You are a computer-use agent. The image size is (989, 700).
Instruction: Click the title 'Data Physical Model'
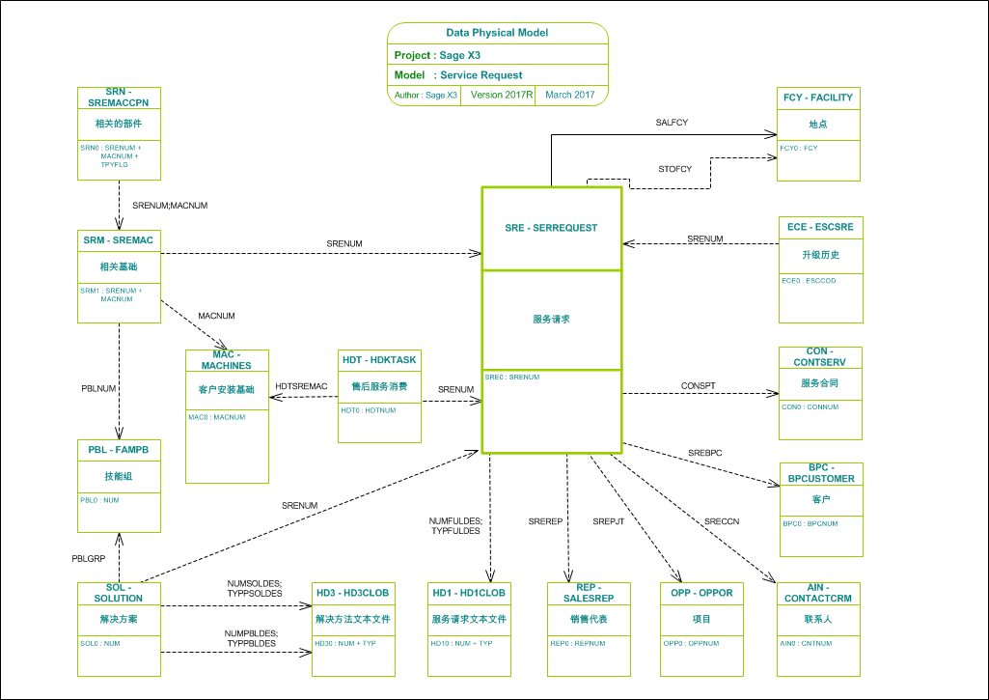coord(498,33)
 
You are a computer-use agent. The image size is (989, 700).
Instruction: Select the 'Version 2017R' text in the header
coord(502,95)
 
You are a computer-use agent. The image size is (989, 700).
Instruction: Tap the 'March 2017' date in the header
coord(570,95)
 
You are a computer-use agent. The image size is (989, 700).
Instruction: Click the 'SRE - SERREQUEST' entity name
coord(551,228)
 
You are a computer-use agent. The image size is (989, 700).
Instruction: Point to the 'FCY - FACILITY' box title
coord(818,98)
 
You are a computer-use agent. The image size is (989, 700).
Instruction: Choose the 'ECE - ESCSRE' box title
coord(820,227)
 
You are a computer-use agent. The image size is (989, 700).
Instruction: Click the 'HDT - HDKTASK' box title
coord(379,359)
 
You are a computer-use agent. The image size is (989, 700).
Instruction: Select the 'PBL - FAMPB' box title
coord(119,450)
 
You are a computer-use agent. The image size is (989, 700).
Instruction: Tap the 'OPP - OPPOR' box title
coord(701,592)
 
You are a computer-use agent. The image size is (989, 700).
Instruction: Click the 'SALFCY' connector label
coord(672,123)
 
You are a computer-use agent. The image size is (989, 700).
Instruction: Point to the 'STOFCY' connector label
coord(675,169)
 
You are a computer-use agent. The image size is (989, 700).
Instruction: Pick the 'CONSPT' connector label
coord(699,385)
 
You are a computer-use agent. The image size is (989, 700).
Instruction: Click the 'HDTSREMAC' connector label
coord(301,386)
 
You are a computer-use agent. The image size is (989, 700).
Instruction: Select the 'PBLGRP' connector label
coord(88,559)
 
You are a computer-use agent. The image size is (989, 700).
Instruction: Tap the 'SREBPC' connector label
coord(705,452)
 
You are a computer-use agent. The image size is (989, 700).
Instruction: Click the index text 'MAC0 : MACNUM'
coord(217,417)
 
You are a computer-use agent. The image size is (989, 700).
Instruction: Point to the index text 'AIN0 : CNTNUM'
coord(806,643)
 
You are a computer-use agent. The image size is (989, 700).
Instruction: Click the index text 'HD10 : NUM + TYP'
coord(461,643)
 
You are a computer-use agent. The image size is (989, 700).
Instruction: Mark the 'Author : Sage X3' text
coord(426,95)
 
